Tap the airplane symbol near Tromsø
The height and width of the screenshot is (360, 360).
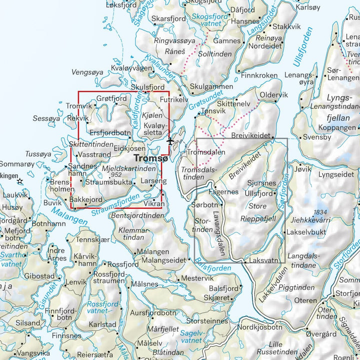coord(170,141)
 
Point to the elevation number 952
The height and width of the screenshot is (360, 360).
coord(117,175)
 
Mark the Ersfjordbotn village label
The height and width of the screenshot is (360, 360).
coord(110,133)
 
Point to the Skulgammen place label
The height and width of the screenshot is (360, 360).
coord(211,86)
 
